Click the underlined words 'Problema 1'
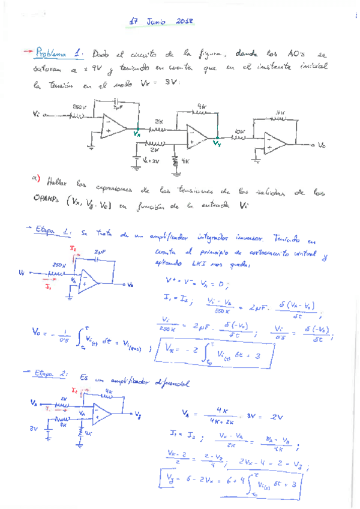click(59, 53)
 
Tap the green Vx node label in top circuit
click(137, 134)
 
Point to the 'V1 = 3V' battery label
click(149, 161)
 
